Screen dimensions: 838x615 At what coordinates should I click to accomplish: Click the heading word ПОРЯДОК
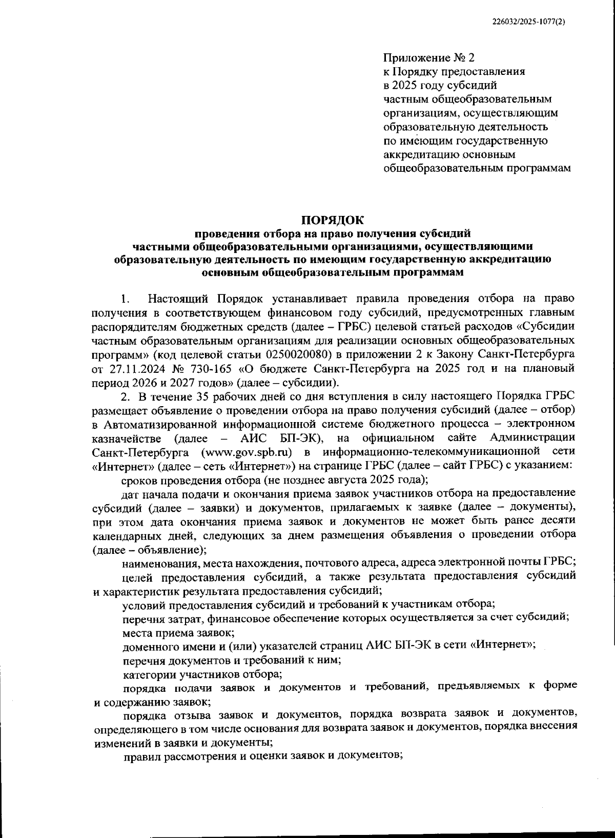(x=332, y=221)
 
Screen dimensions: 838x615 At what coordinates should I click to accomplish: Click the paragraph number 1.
(x=124, y=298)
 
